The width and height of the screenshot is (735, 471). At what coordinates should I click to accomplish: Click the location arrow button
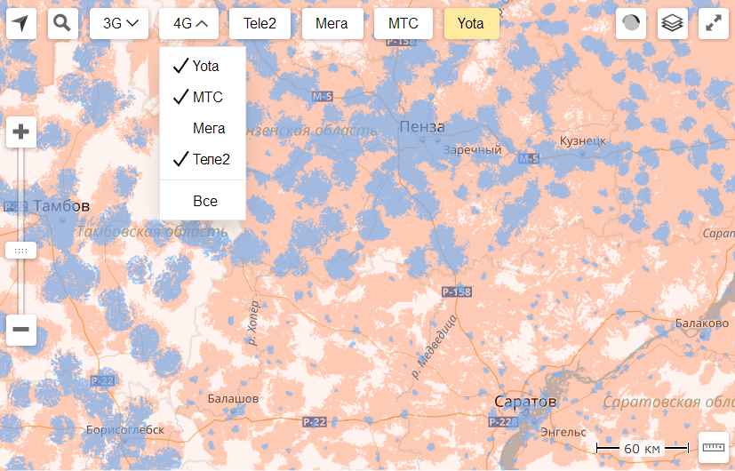[21, 23]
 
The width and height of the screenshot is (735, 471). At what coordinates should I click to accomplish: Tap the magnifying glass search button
[61, 23]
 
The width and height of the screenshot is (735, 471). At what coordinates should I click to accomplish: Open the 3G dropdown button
[119, 24]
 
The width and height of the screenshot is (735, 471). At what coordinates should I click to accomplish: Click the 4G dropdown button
[190, 24]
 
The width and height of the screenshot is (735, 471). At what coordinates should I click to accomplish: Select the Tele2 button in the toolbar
[260, 24]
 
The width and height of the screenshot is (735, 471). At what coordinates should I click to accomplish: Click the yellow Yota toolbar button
[471, 24]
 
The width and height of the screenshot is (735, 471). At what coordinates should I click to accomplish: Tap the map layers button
[673, 24]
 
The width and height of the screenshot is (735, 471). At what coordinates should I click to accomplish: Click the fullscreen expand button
[714, 24]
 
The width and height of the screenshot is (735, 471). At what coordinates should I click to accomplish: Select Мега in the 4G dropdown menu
[209, 128]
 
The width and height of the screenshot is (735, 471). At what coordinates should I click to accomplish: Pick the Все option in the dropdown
[205, 202]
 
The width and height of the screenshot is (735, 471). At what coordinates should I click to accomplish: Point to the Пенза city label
[422, 126]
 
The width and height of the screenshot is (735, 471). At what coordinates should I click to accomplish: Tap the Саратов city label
[525, 403]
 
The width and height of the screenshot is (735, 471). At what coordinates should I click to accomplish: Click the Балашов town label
[233, 399]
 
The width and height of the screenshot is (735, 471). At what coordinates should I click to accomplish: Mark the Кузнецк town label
[583, 140]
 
